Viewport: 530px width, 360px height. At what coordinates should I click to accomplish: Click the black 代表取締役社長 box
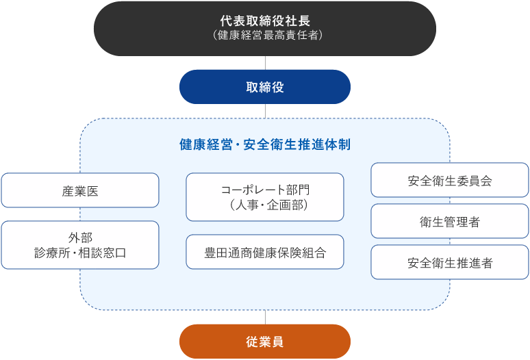click(265, 29)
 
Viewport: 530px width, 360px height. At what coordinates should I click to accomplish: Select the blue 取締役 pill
click(265, 87)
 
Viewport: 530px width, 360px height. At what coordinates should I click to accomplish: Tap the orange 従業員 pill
click(265, 342)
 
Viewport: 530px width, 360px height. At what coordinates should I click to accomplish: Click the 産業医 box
click(80, 190)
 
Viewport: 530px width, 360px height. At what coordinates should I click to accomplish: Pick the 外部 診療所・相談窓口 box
click(80, 245)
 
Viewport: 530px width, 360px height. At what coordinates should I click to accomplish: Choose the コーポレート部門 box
click(265, 197)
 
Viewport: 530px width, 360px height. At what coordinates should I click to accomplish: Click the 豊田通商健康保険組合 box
click(265, 252)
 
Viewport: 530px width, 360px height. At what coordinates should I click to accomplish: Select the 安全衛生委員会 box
click(450, 180)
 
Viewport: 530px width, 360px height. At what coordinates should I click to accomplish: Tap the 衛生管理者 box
click(450, 221)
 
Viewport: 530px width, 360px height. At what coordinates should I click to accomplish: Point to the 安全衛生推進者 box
click(450, 262)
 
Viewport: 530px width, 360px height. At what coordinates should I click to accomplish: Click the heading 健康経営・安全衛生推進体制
click(265, 144)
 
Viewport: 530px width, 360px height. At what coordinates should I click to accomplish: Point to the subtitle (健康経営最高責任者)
click(268, 35)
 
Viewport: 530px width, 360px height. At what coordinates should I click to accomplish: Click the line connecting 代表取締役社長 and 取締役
click(265, 63)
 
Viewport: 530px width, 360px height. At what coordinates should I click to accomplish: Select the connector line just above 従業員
click(265, 318)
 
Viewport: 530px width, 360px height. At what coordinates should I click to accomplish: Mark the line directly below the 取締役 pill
click(265, 111)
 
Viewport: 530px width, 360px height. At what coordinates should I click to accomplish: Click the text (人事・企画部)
click(268, 205)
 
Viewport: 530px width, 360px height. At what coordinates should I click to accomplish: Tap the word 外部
click(80, 237)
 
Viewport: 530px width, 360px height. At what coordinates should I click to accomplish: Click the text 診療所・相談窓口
click(80, 253)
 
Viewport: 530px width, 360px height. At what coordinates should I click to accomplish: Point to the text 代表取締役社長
click(265, 21)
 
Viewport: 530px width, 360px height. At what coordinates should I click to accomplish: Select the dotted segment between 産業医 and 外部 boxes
click(80, 214)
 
